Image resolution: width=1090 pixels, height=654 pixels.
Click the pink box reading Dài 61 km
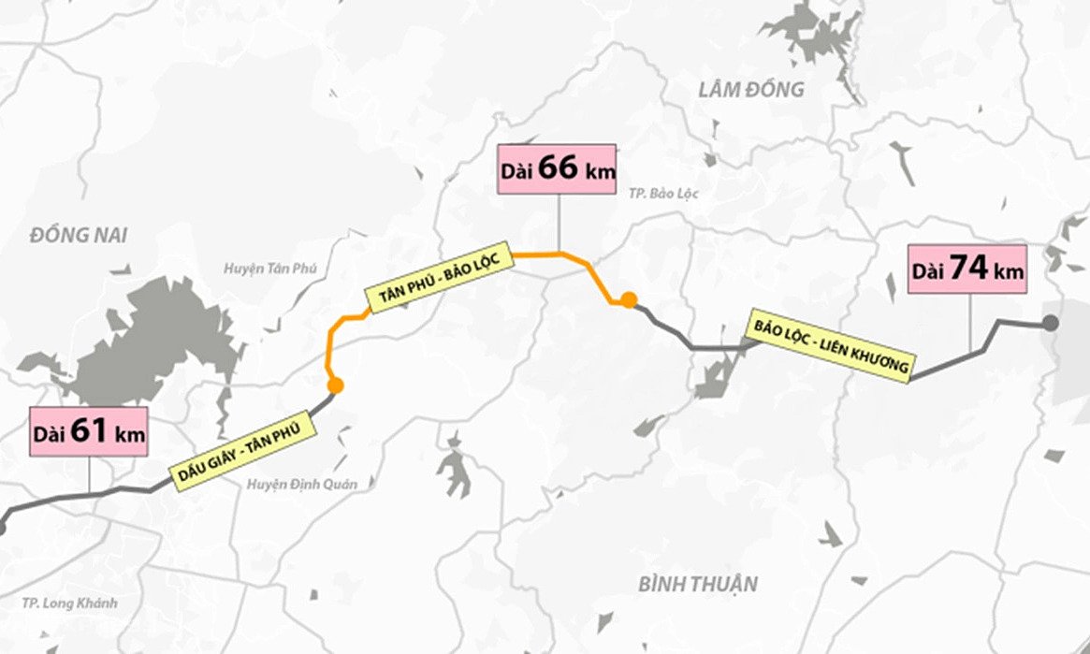click(x=88, y=432)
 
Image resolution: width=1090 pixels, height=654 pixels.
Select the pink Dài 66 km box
click(x=558, y=169)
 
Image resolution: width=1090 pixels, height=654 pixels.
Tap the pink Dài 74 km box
click(x=967, y=269)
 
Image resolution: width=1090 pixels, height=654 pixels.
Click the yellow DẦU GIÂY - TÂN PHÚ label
click(x=241, y=452)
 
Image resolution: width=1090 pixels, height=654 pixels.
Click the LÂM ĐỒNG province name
click(x=751, y=90)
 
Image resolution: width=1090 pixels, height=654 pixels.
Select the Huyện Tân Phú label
click(x=270, y=269)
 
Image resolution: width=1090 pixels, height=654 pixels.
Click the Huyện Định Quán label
click(x=302, y=484)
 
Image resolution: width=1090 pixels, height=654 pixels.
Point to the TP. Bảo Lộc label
click(x=659, y=194)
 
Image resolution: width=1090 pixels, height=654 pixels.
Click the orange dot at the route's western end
click(x=335, y=385)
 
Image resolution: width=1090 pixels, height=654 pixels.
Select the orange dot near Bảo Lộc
click(x=630, y=299)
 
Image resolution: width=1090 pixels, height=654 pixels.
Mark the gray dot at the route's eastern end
click(x=1051, y=323)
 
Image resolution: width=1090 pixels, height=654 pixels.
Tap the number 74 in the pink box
click(x=970, y=269)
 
